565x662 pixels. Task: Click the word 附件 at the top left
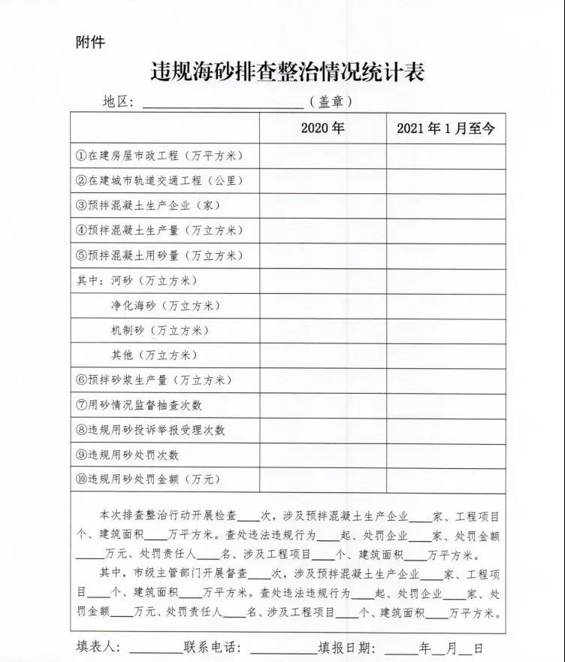(x=90, y=42)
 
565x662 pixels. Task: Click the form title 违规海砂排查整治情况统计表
(x=288, y=72)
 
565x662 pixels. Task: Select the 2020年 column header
(x=322, y=128)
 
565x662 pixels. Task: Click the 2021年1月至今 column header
(x=446, y=128)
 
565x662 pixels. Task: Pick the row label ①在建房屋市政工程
(x=160, y=156)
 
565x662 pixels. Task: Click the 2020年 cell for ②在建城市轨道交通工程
(x=323, y=181)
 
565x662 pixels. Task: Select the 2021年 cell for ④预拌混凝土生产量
(x=446, y=231)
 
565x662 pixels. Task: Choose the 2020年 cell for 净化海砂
(x=323, y=306)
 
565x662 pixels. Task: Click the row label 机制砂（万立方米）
(x=159, y=331)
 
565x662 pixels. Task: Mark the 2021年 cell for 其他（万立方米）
(x=446, y=355)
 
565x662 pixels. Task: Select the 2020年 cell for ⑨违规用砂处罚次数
(x=323, y=455)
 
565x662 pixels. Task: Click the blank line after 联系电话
(x=282, y=648)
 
